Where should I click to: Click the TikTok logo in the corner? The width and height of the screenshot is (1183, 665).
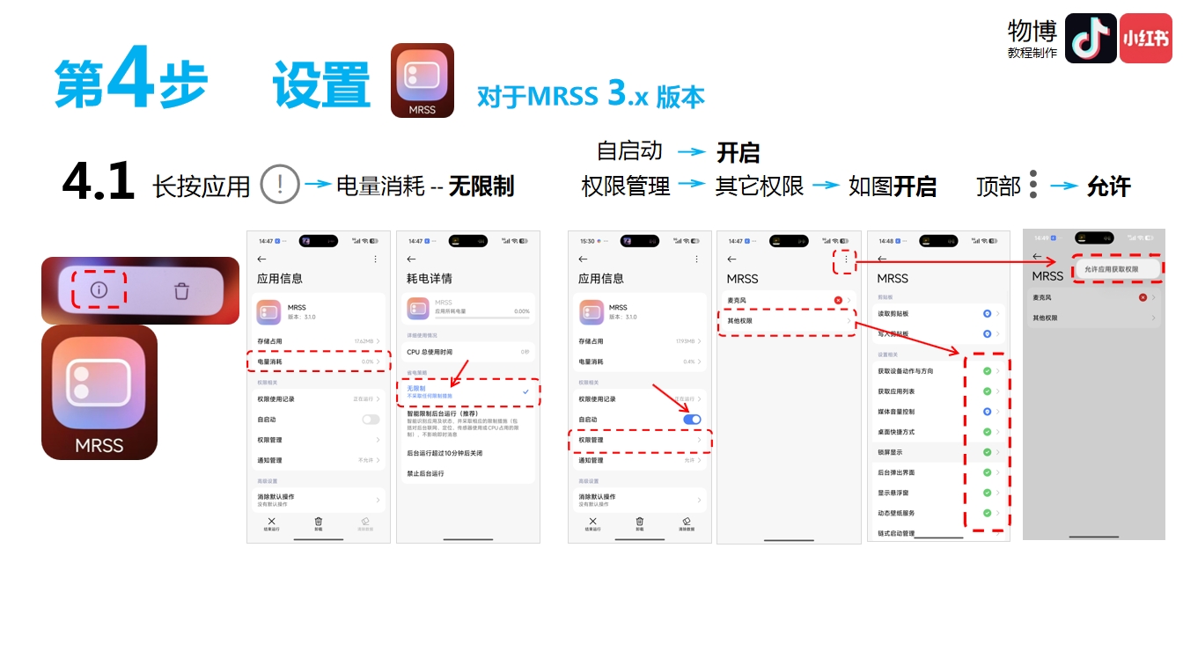click(1091, 39)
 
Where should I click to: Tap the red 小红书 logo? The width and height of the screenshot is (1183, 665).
click(1145, 39)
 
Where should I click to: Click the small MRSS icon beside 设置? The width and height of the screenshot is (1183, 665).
click(422, 80)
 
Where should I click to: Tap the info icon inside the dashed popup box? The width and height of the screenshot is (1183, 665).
click(99, 289)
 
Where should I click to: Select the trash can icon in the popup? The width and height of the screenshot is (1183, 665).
click(181, 290)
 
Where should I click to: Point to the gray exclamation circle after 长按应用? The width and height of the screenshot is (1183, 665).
click(281, 185)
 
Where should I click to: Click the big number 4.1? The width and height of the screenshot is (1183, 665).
click(98, 182)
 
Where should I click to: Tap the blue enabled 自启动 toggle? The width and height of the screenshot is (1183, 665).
click(692, 420)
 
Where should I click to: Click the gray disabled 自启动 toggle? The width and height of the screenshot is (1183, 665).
click(371, 420)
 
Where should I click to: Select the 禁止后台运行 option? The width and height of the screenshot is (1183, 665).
click(425, 473)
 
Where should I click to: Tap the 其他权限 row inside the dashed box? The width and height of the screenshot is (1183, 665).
click(740, 321)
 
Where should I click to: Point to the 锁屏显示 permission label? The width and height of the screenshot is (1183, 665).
click(890, 452)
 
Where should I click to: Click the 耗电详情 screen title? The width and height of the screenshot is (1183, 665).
click(430, 279)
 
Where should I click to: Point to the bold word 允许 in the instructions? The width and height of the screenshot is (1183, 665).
click(1108, 186)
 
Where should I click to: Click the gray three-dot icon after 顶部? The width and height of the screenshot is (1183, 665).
click(1032, 184)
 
